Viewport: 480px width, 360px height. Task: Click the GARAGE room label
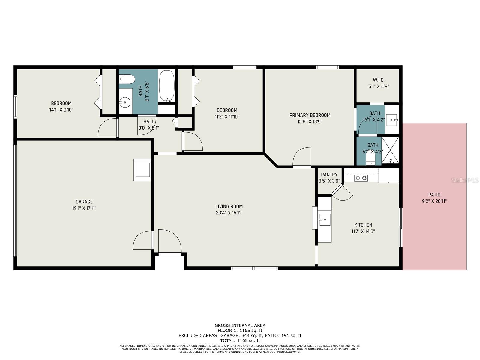point(84,202)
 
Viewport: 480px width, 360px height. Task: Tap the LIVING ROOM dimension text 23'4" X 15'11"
point(229,213)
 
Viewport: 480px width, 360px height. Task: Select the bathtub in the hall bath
point(166,85)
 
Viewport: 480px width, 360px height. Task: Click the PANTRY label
point(329,175)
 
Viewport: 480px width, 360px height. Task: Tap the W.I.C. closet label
point(379,80)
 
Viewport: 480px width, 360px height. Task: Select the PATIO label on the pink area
point(434,195)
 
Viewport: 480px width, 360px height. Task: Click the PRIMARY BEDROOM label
point(310,115)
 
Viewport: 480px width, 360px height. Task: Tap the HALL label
point(148,121)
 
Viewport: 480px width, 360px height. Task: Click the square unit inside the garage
point(142,170)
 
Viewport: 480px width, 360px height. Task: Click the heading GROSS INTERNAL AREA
point(240,325)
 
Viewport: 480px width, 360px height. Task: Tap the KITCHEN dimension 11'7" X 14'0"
point(363,232)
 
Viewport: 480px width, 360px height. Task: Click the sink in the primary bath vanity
point(391,120)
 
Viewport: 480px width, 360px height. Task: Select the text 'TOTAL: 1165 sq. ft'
point(240,340)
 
